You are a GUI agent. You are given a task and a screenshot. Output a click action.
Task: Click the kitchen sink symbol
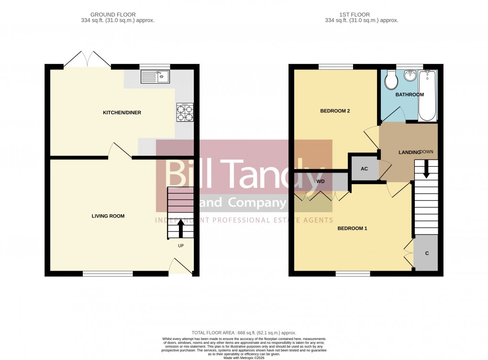point(155,76)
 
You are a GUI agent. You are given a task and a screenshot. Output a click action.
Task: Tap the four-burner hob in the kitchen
point(185,113)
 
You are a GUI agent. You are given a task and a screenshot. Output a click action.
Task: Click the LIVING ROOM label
point(108,216)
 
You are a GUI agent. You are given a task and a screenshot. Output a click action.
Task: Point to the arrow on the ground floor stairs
point(180,230)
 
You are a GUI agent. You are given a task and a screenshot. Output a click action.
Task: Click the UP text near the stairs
point(181,246)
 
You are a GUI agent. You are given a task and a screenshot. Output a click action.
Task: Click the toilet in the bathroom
point(391,80)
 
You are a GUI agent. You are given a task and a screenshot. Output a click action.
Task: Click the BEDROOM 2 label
point(335,111)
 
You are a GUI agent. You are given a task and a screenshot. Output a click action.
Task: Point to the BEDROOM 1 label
point(352,229)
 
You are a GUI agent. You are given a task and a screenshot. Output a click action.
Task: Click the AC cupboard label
point(364,169)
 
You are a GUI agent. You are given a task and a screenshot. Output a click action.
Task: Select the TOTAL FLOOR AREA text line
point(244,333)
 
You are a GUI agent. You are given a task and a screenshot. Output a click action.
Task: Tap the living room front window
point(108,273)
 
